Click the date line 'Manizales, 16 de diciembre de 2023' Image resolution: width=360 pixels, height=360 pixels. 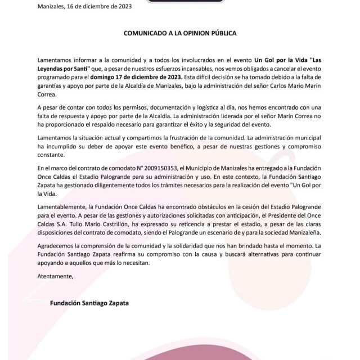pos(84,7)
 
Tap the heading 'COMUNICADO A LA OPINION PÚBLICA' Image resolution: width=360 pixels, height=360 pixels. pos(180,33)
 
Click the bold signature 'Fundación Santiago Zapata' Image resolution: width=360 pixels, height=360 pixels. pos(89,303)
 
